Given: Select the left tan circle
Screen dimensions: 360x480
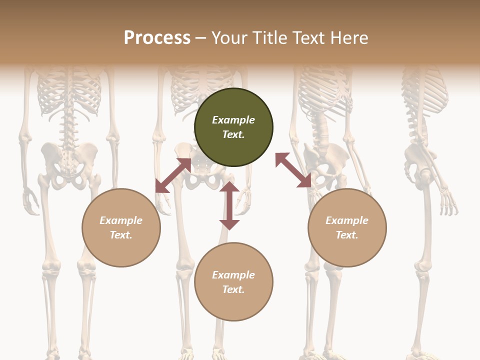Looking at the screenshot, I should pyautogui.click(x=121, y=227).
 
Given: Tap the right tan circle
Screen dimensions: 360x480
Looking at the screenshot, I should pyautogui.click(x=347, y=227).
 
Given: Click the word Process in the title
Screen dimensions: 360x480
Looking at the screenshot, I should pyautogui.click(x=157, y=37).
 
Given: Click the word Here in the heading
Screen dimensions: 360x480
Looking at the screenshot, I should pyautogui.click(x=349, y=37).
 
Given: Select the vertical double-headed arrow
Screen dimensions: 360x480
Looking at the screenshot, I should pyautogui.click(x=229, y=205).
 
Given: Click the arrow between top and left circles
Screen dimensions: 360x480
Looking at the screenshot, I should pyautogui.click(x=173, y=175).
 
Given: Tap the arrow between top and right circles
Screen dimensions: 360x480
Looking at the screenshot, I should pyautogui.click(x=293, y=170).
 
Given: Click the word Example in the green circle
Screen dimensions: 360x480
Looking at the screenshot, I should pyautogui.click(x=233, y=120).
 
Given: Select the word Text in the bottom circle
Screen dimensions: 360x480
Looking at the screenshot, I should pyautogui.click(x=233, y=289).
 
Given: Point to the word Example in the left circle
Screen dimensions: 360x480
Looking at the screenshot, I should pyautogui.click(x=121, y=220).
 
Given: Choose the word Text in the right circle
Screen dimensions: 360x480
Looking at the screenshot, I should pyautogui.click(x=346, y=235).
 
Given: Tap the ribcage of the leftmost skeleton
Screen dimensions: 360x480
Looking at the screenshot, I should pyautogui.click(x=70, y=92).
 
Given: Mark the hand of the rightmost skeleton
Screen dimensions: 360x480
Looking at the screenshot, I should pyautogui.click(x=448, y=200).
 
